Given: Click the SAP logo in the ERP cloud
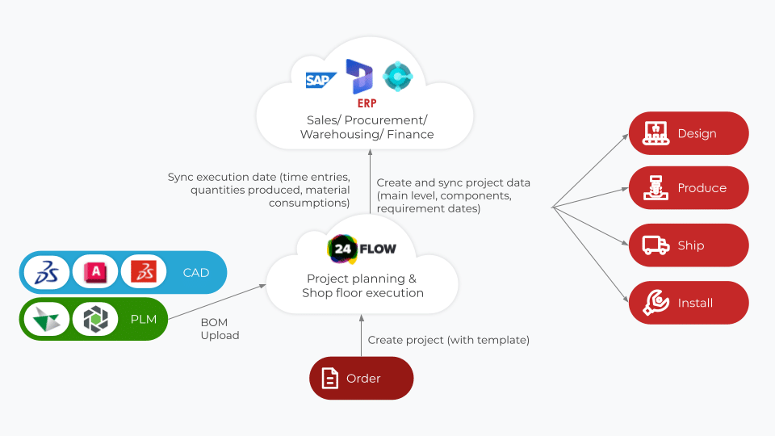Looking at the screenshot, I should [320, 80].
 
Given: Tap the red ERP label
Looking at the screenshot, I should [367, 103].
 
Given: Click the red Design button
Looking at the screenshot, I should [689, 133].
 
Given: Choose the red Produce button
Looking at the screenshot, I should [689, 188].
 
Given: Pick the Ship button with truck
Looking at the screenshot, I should [689, 245].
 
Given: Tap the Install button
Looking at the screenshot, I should [689, 303].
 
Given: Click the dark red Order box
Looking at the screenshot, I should [362, 378].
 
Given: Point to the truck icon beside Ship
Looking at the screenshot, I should [655, 245].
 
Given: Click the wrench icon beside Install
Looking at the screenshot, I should [656, 303].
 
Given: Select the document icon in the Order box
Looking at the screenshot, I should [329, 378].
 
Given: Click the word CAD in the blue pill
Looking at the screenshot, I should [196, 273].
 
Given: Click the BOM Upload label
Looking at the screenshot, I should [220, 329].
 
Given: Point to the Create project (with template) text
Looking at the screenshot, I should [448, 340].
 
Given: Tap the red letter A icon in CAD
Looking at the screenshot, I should [95, 273].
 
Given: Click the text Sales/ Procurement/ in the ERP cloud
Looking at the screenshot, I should [367, 119].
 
